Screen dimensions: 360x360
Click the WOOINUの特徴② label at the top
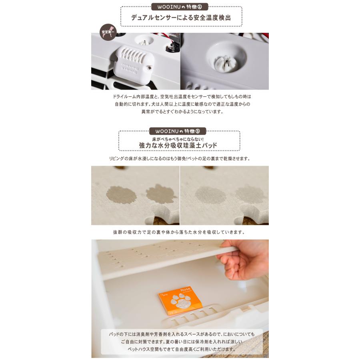tap(180, 7)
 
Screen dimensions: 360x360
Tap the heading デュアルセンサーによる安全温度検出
tap(181, 18)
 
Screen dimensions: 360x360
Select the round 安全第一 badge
tap(108, 32)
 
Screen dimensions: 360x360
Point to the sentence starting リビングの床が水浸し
tap(180, 158)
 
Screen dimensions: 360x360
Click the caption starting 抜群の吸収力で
tap(179, 232)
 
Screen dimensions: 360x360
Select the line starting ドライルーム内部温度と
tap(182, 97)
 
